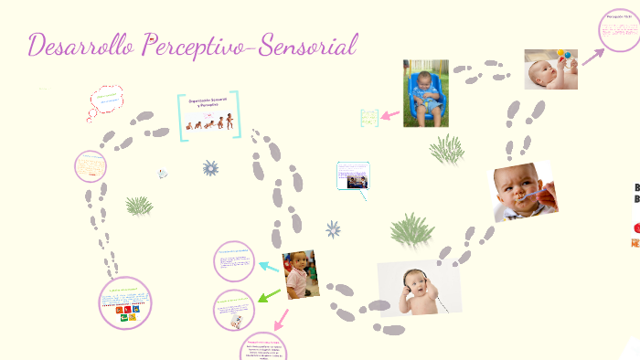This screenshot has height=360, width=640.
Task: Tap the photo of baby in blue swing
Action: pos(426,92)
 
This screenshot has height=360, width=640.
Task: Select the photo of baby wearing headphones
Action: pos(419,289)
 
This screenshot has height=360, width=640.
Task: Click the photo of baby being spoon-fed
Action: pos(524,191)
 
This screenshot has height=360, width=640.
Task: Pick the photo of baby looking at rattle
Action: pos(550,69)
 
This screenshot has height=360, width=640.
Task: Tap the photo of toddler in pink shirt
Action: pos(300,274)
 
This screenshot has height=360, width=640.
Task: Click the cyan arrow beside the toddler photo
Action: pos(269,267)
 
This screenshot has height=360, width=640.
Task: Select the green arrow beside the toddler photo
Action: pos(269,295)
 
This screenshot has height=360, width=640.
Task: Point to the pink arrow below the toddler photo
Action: pos(280,319)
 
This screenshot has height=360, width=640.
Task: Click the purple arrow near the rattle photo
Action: pos(594,56)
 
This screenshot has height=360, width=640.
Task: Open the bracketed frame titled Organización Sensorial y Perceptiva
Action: pos(208,114)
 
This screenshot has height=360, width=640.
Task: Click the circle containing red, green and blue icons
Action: pos(125,303)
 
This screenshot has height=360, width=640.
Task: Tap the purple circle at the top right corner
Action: pos(619,29)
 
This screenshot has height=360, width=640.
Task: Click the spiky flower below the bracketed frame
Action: pos(211,168)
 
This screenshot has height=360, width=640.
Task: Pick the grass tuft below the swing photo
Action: pos(447,148)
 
